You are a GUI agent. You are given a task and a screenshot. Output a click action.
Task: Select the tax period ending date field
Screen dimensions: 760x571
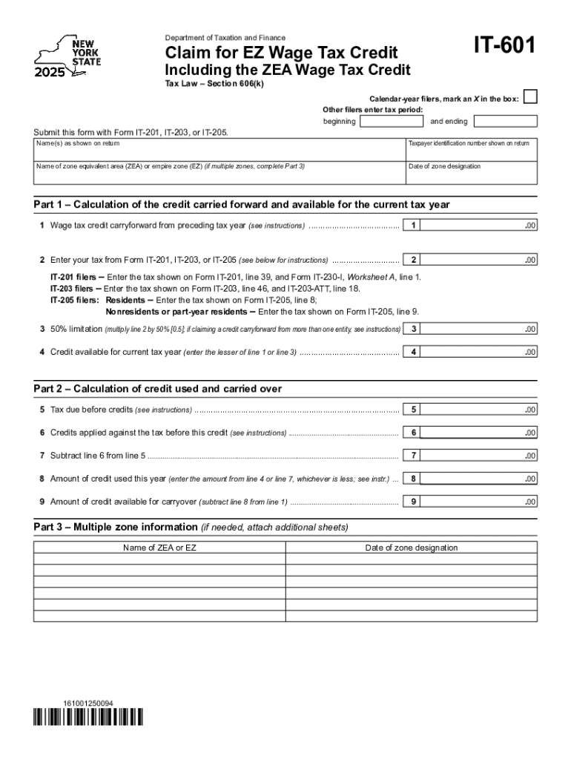pyautogui.click(x=504, y=121)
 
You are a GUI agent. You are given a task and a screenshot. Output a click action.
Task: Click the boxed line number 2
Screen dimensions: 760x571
pyautogui.click(x=415, y=260)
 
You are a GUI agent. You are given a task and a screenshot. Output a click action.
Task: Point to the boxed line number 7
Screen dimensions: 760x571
pyautogui.click(x=415, y=455)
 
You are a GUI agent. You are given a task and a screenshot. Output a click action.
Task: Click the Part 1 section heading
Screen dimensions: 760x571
pyautogui.click(x=242, y=204)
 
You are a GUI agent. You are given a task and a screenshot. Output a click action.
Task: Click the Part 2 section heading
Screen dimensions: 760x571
pyautogui.click(x=157, y=389)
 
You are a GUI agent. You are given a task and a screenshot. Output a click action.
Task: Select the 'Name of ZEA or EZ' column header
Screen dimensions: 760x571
pyautogui.click(x=159, y=548)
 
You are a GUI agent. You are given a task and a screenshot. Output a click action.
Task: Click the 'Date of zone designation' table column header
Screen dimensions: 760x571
pyautogui.click(x=411, y=548)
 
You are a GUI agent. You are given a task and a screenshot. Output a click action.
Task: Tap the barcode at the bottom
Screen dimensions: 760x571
pyautogui.click(x=88, y=718)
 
